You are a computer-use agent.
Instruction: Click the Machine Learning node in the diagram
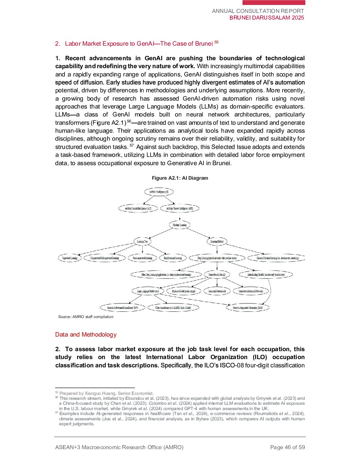180,225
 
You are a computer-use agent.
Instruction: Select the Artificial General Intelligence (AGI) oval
138,209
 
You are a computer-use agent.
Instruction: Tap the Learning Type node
142,242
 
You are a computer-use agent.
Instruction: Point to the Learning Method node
217,242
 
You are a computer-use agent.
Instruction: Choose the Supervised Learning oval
69,258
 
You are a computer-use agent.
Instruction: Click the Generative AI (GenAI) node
217,275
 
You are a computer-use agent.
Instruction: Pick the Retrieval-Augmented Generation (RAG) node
247,308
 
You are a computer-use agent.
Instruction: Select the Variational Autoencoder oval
217,291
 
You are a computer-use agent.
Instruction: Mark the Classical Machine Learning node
277,258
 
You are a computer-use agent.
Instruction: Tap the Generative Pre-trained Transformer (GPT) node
122,308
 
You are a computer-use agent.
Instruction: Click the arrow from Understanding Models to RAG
270,291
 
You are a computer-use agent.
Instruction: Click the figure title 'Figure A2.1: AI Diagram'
180,178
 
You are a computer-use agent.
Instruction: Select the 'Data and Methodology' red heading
86,335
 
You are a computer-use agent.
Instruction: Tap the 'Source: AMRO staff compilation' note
86,317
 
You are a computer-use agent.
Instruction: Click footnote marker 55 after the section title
216,42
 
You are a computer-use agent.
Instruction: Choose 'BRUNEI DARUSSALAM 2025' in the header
267,18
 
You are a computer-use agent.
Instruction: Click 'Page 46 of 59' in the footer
287,447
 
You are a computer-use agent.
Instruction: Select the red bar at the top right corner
274,3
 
